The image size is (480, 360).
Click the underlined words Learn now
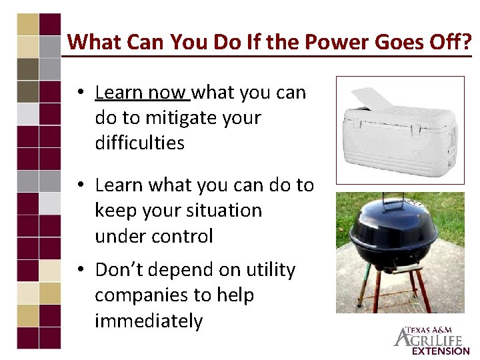click(142, 92)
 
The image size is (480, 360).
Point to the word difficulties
click(139, 143)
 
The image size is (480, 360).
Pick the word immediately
click(149, 321)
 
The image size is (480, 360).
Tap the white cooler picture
click(400, 130)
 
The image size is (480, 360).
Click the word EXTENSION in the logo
click(440, 351)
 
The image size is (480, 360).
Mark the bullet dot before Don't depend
click(79, 270)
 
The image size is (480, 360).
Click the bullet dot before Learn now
click(79, 92)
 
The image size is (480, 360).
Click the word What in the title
click(91, 43)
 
